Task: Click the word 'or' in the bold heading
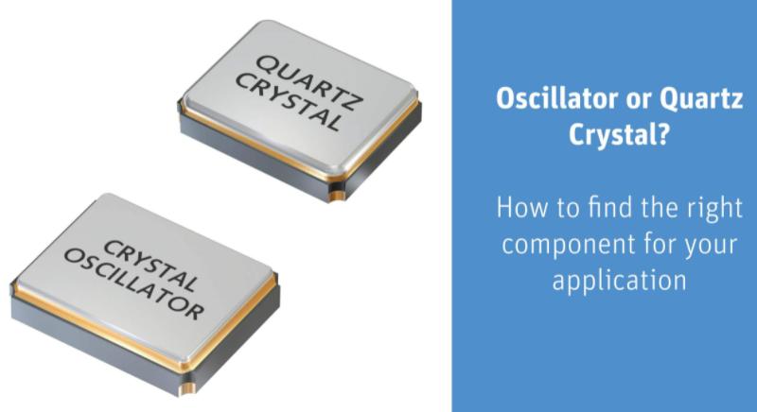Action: (x=633, y=100)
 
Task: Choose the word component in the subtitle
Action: (x=561, y=244)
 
